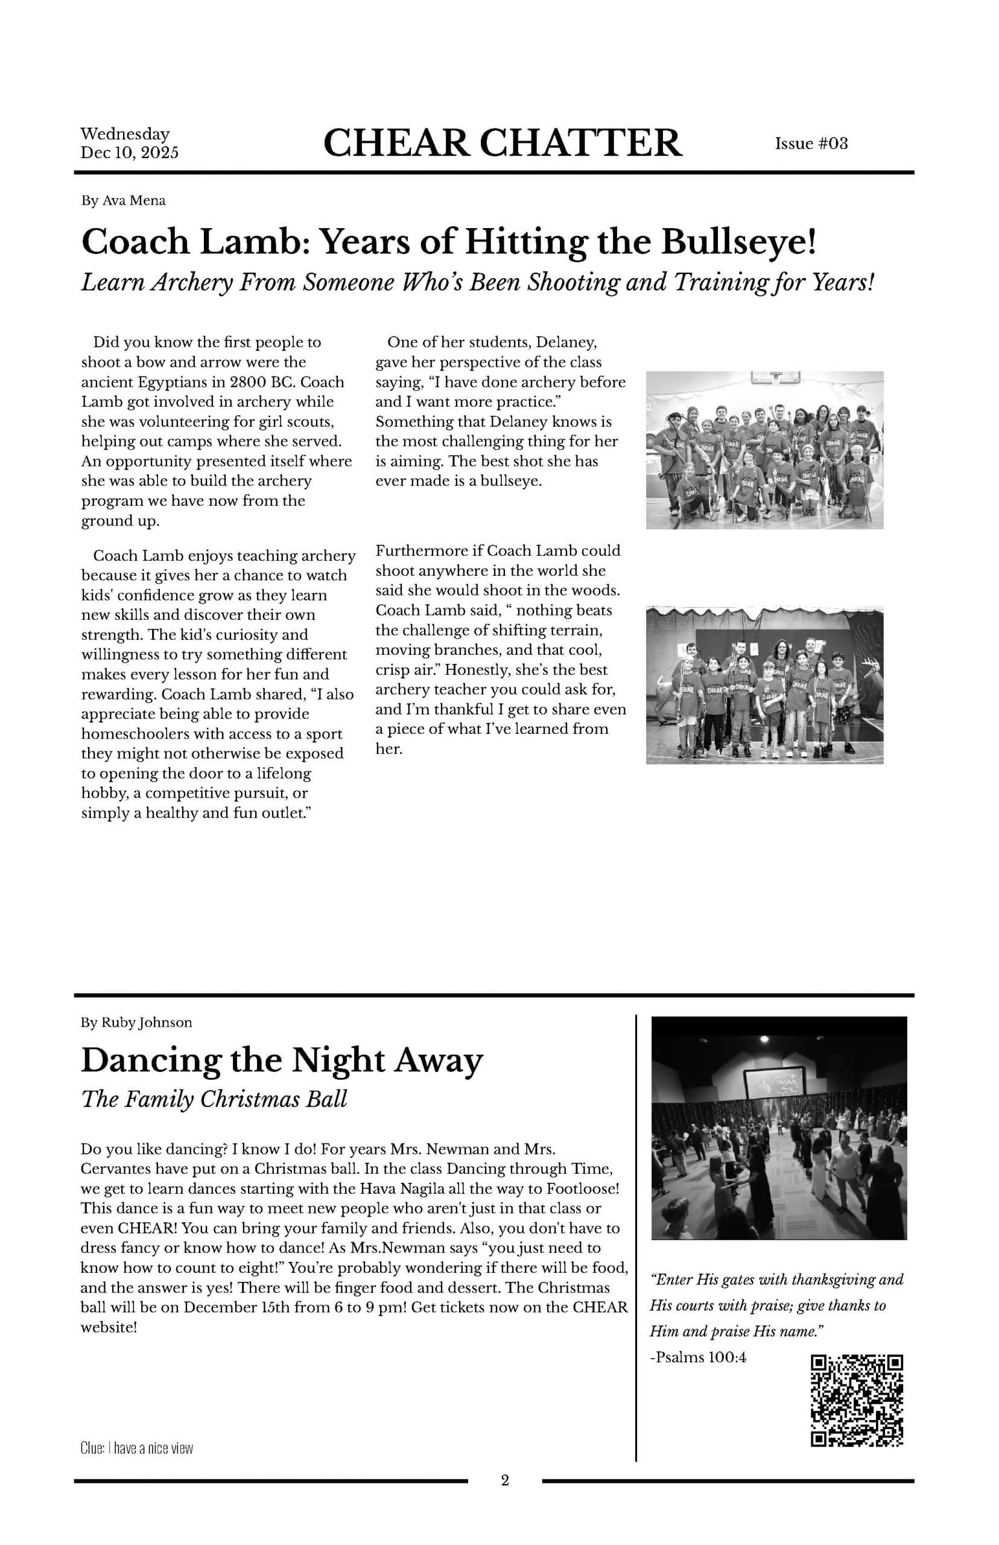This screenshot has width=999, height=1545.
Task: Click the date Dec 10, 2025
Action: point(129,153)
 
